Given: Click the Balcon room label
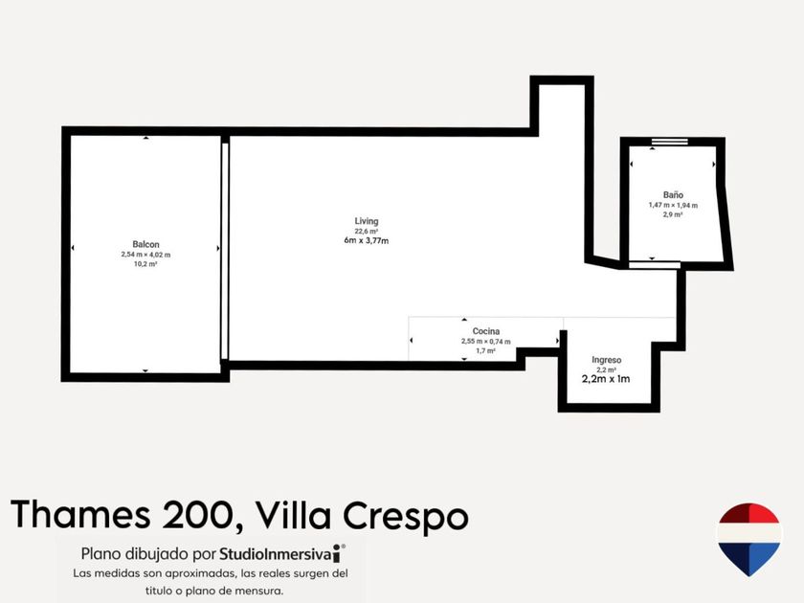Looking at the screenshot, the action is pos(145,245).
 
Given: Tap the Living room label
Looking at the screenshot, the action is pos(367,221).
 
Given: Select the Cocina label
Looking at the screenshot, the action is pos(486,331).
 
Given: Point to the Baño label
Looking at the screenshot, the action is pos(673,195).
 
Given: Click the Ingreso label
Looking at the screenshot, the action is pos(607,360).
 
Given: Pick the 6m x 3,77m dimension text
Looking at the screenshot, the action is pos(366,240).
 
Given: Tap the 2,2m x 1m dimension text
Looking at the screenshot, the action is pos(606,379).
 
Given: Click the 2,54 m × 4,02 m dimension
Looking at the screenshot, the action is pos(145,255).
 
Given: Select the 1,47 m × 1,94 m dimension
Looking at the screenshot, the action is pos(673,205).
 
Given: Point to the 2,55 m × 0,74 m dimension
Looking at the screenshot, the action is pos(485,342).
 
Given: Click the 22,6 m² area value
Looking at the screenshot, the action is pos(366,232).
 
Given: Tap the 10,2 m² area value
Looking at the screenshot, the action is pos(145,264).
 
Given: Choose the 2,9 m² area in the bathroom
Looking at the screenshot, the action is pos(673,214).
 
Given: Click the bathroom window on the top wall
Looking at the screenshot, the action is pos(670,141).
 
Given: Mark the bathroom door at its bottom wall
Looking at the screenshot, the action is pos(655,265).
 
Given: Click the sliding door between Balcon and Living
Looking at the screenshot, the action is pos(225,251).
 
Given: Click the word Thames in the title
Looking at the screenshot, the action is pos(80,514).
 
